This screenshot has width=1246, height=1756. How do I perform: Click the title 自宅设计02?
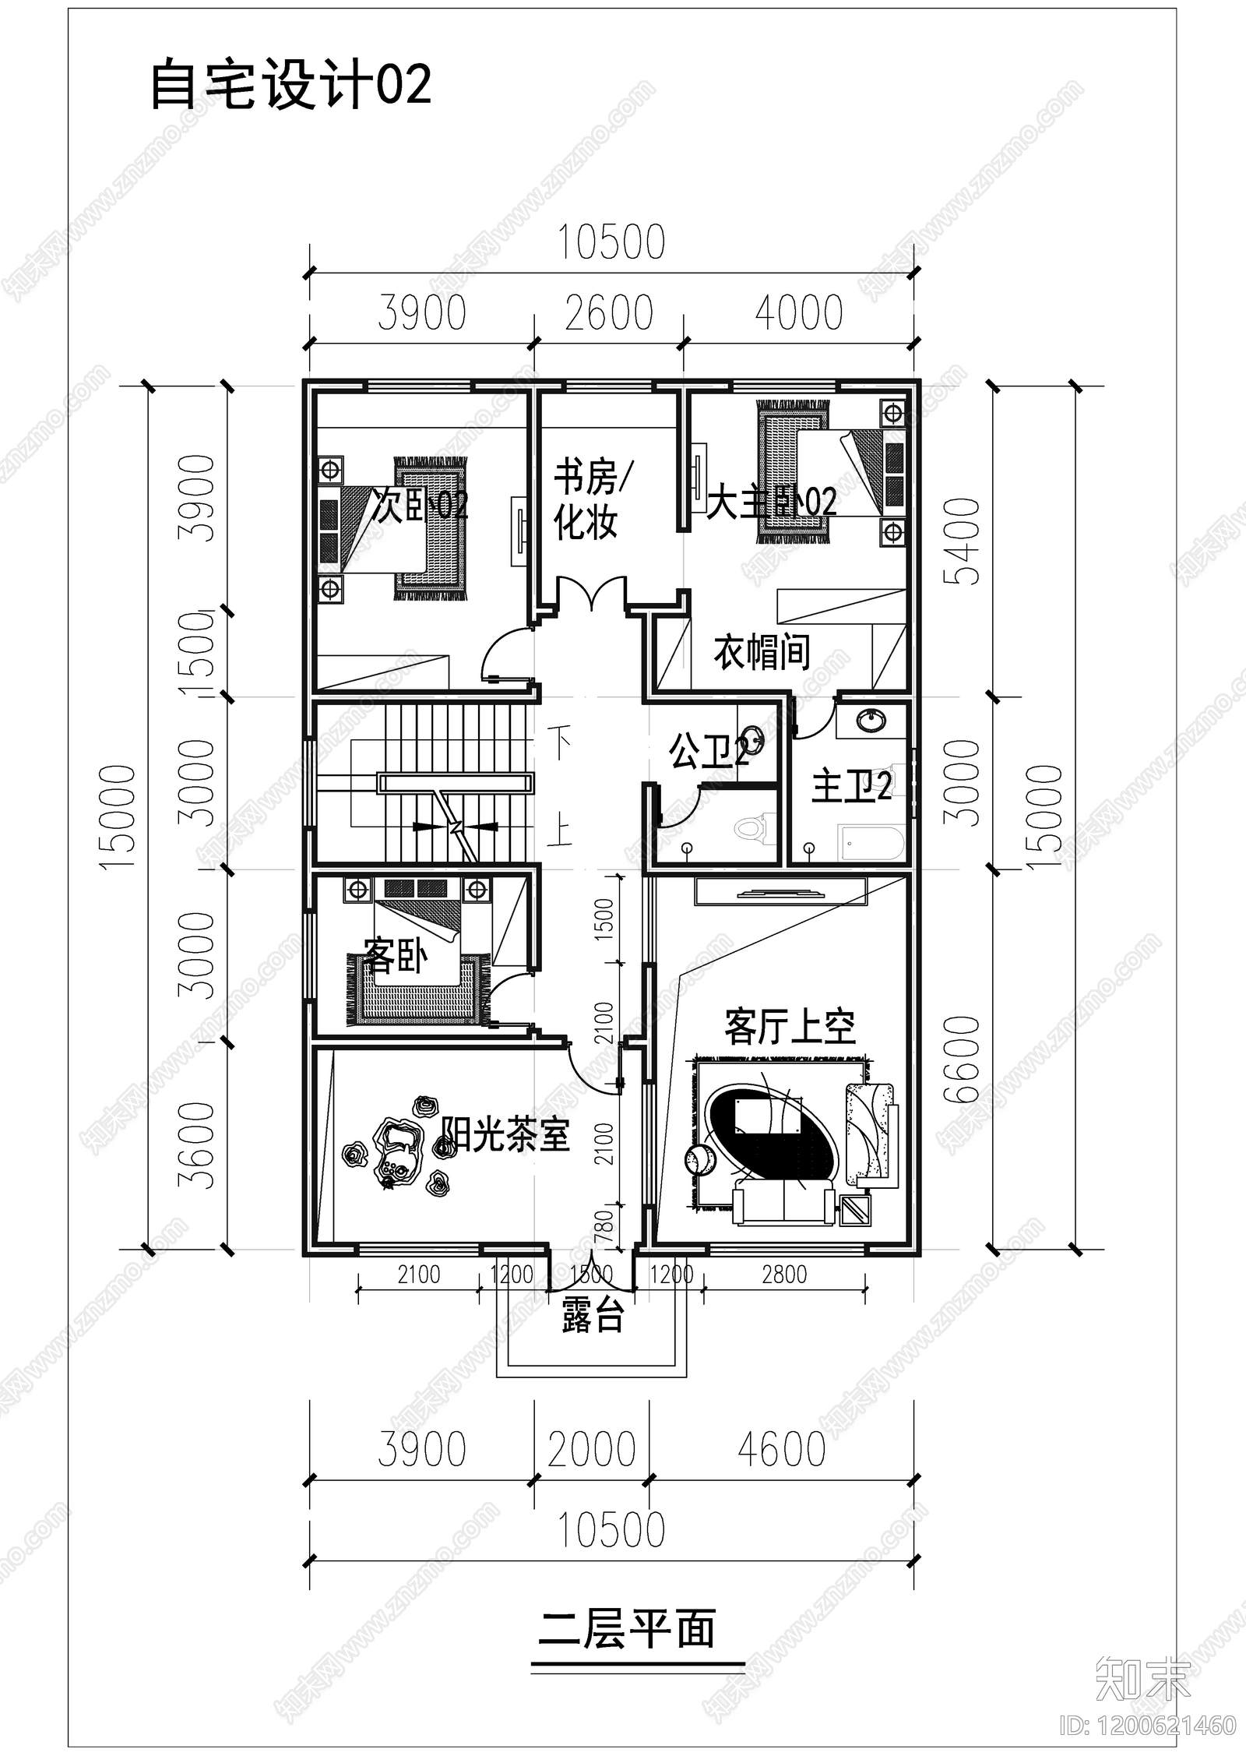click(290, 85)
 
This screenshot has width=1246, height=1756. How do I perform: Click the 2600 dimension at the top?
click(609, 313)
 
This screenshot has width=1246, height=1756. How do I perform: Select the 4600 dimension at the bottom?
click(781, 1449)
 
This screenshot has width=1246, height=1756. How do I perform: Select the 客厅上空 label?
click(790, 1027)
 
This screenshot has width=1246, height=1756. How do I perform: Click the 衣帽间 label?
click(762, 652)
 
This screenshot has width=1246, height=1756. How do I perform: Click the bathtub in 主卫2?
click(871, 844)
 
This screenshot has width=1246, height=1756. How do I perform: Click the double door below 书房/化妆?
click(592, 596)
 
